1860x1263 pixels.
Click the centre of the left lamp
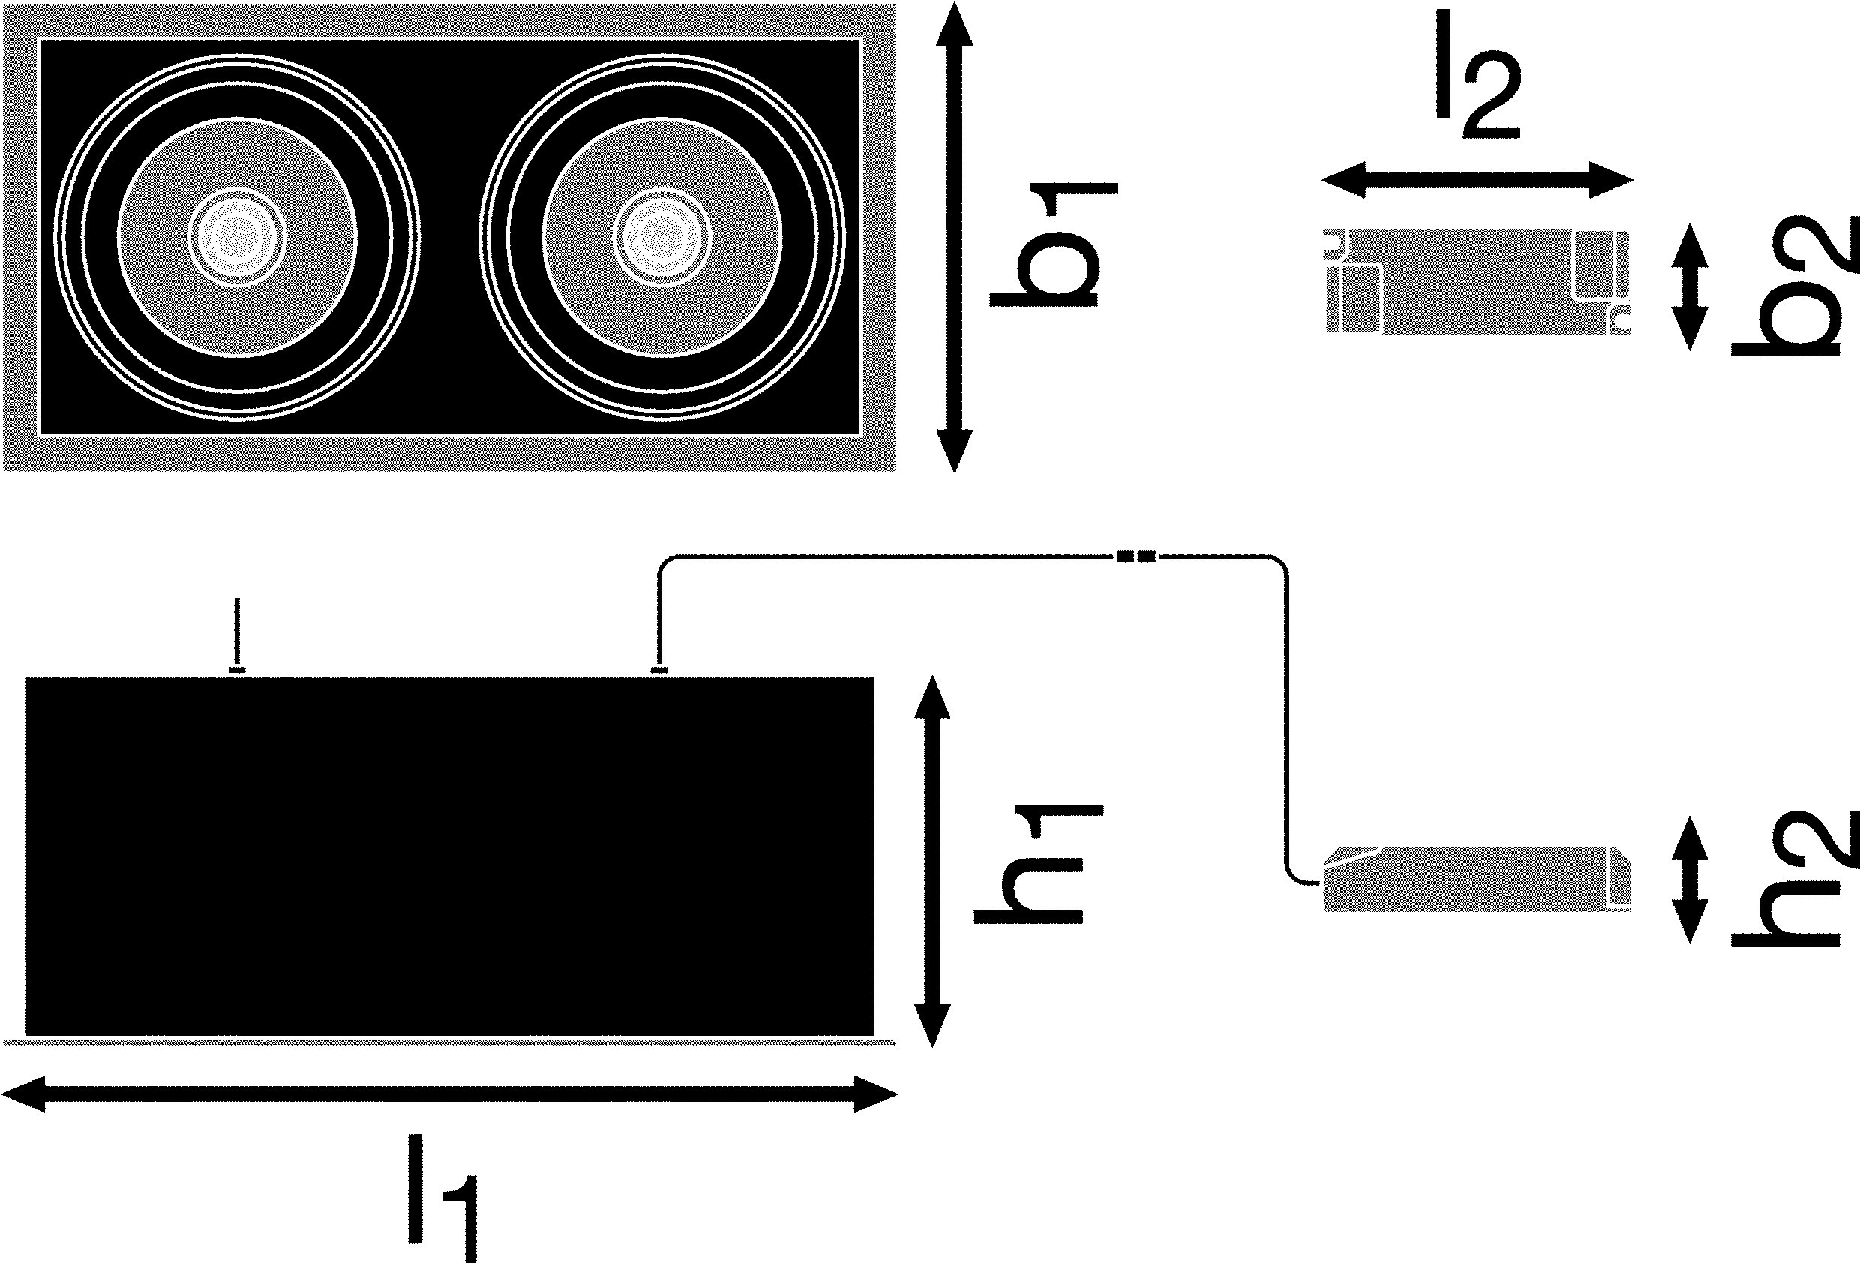pyautogui.click(x=237, y=237)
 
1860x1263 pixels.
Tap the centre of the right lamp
pyautogui.click(x=663, y=237)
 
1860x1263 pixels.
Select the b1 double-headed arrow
pyautogui.click(x=954, y=237)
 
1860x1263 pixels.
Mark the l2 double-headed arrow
pyautogui.click(x=1477, y=180)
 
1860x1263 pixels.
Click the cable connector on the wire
pyautogui.click(x=1135, y=556)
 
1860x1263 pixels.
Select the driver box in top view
pyautogui.click(x=1477, y=281)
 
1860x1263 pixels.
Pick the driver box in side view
pyautogui.click(x=1477, y=878)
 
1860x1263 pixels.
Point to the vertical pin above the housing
pyautogui.click(x=236, y=632)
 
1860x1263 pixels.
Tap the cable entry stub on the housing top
pyautogui.click(x=658, y=670)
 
